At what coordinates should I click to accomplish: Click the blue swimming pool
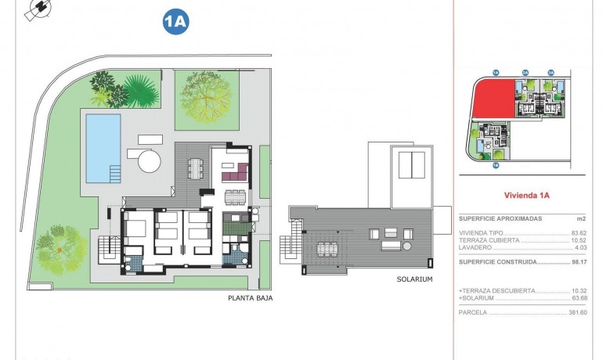(103, 146)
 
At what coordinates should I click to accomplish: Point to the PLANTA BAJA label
(250, 297)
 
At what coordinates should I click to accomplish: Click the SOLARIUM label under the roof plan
(415, 279)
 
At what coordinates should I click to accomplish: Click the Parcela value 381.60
(578, 312)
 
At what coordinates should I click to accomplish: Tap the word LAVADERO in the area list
(477, 248)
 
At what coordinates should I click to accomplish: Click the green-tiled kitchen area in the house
(234, 227)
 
